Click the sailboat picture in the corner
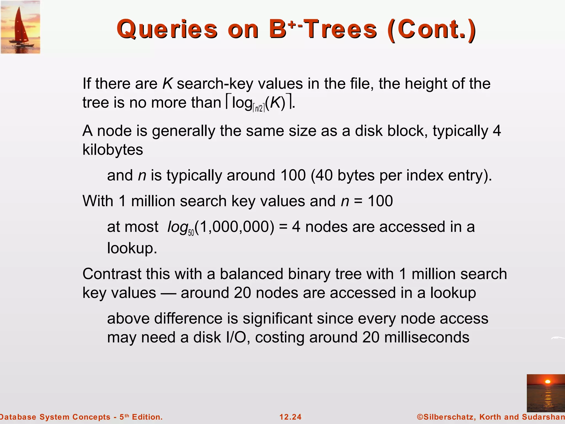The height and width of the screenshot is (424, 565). pos(20,27)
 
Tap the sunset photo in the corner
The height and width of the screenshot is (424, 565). pos(546,393)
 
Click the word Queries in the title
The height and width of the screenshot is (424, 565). pos(167,29)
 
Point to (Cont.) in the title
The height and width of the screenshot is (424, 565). pos(431,29)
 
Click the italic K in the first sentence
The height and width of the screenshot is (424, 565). pos(167,83)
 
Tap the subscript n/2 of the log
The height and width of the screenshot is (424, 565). pos(258,108)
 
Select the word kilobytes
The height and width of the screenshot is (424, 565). pos(113,150)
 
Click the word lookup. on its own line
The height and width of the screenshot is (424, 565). pos(132,248)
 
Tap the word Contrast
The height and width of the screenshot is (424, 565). pos(112,274)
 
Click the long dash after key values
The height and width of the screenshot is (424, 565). pos(168,293)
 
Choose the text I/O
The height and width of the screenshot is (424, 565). pos(236,337)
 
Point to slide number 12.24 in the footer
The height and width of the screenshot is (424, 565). pos(291,417)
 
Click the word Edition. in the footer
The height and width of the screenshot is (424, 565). pos(147,417)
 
